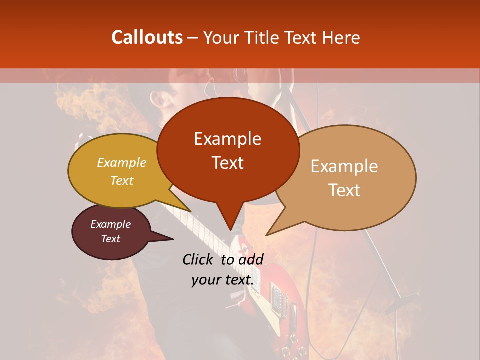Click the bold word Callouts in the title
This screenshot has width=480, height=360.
pyautogui.click(x=147, y=37)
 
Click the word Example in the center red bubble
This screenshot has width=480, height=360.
pyautogui.click(x=227, y=139)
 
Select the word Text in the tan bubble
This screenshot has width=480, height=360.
pyautogui.click(x=345, y=190)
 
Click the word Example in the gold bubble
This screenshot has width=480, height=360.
pyautogui.click(x=122, y=163)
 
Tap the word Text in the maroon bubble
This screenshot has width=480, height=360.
pyautogui.click(x=111, y=239)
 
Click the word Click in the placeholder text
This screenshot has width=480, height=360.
pyautogui.click(x=199, y=259)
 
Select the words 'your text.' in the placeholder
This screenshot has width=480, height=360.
pyautogui.click(x=223, y=280)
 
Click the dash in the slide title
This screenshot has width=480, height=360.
pyautogui.click(x=193, y=38)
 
